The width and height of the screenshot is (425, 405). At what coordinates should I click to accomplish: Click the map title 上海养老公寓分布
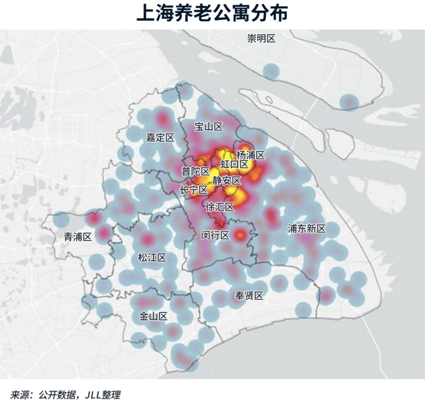212,14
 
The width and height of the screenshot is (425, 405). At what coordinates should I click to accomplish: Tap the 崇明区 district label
261,39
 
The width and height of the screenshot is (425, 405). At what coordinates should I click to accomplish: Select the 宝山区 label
209,126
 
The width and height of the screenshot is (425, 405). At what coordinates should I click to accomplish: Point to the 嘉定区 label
160,138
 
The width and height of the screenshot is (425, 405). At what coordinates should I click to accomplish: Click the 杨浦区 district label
250,155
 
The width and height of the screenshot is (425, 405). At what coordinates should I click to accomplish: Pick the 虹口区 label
234,164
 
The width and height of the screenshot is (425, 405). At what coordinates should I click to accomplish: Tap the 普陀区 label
196,172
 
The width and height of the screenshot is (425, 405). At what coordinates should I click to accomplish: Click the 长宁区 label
194,190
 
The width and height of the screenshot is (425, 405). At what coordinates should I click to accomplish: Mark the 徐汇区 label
220,207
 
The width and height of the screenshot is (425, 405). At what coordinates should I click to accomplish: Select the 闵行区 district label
215,236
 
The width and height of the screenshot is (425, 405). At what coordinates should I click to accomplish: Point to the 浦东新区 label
306,228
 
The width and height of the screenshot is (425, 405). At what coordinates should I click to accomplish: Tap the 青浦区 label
78,237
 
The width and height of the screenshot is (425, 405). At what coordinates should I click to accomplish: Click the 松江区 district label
152,257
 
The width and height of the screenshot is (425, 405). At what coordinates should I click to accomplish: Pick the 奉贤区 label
249,295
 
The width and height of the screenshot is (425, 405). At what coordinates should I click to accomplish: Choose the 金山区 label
153,316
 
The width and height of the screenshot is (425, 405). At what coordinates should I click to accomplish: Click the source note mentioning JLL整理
65,395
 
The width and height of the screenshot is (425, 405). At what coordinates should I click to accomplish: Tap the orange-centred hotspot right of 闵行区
240,235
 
